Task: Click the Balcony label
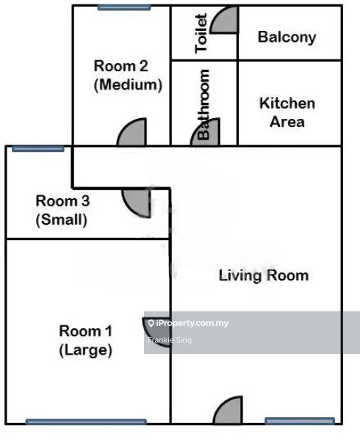point(287,37)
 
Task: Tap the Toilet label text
point(201,34)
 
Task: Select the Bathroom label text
point(203,104)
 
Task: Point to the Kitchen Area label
point(287,112)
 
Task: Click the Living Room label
point(264,275)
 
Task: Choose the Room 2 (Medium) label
point(128,76)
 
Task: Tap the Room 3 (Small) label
point(62,210)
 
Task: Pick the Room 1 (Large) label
point(85,340)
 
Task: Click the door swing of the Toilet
point(224,20)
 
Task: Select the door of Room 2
point(132,132)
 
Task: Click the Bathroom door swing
point(205,132)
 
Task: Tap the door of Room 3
point(137,203)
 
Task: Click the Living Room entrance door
point(228,410)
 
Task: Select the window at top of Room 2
point(124,7)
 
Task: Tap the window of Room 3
point(37,149)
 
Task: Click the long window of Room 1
point(86,422)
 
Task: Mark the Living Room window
point(300,421)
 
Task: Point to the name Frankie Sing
point(170,340)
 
